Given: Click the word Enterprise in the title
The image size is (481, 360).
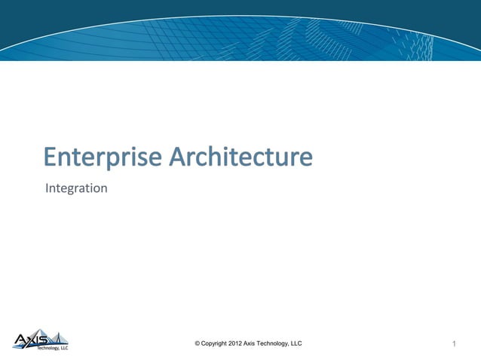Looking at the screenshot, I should (x=103, y=157).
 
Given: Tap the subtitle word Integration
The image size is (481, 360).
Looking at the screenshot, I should (x=76, y=188).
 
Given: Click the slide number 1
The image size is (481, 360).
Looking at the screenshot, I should (x=455, y=344).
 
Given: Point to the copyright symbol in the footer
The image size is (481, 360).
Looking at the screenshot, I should (x=197, y=343).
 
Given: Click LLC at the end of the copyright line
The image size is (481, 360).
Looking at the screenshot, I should (x=296, y=343).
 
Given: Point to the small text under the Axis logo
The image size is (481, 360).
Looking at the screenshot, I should (x=53, y=349).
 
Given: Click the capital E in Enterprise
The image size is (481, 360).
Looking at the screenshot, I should (x=50, y=157).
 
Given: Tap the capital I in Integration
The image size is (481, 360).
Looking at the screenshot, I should (x=47, y=188).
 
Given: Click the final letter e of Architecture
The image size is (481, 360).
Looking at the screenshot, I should (x=305, y=159).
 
